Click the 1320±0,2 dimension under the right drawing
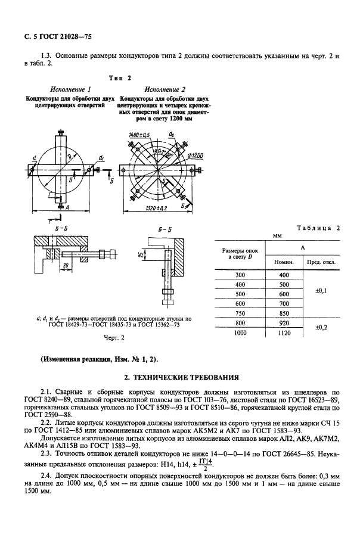tap(156, 209)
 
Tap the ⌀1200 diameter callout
tap(195, 156)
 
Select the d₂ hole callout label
tap(172, 135)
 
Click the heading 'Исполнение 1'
tap(70, 89)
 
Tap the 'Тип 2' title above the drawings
tap(121, 78)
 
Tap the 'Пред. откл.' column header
tap(321, 262)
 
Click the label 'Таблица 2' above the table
tap(318, 228)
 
